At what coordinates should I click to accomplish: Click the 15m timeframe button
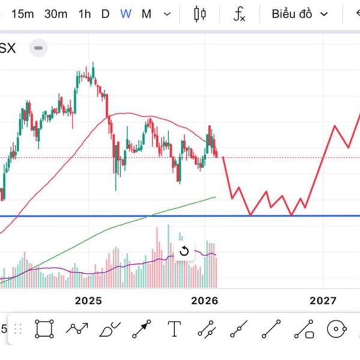click(x=23, y=14)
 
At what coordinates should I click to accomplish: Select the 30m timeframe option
click(x=56, y=14)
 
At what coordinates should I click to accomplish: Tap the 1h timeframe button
click(x=85, y=14)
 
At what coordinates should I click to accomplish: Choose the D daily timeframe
click(x=105, y=14)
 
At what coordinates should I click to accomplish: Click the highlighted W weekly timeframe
click(x=125, y=14)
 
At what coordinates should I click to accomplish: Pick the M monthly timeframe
click(x=146, y=14)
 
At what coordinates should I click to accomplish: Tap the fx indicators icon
click(x=239, y=14)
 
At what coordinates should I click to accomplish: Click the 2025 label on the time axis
click(x=89, y=300)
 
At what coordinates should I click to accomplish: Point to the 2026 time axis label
click(x=205, y=300)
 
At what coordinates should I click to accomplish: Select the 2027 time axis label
click(x=322, y=300)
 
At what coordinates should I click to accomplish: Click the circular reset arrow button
click(x=184, y=251)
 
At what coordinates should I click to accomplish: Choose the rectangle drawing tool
click(x=44, y=329)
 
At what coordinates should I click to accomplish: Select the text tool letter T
click(x=174, y=329)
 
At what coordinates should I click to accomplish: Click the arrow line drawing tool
click(x=142, y=329)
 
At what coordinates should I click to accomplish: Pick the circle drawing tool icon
click(x=337, y=329)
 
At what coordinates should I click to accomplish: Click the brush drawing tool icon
click(x=109, y=329)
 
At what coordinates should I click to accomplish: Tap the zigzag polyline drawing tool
click(x=77, y=329)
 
